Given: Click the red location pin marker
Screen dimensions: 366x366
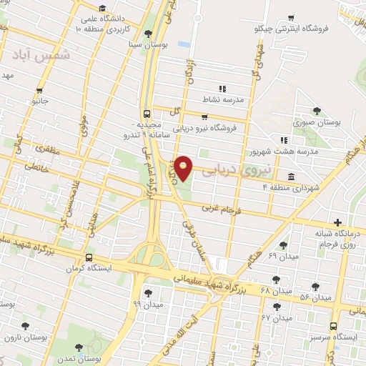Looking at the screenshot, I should [184, 167].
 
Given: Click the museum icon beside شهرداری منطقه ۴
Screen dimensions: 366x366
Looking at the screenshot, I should [290, 177].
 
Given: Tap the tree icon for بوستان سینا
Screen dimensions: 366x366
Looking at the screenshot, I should [148, 34].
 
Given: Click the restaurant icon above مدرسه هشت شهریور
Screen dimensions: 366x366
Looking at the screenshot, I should [284, 140].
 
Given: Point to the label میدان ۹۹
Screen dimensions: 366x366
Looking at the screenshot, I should [148, 304].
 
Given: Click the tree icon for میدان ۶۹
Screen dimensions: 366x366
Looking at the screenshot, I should [284, 245].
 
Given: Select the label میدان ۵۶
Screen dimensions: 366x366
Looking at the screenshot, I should [315, 296].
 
